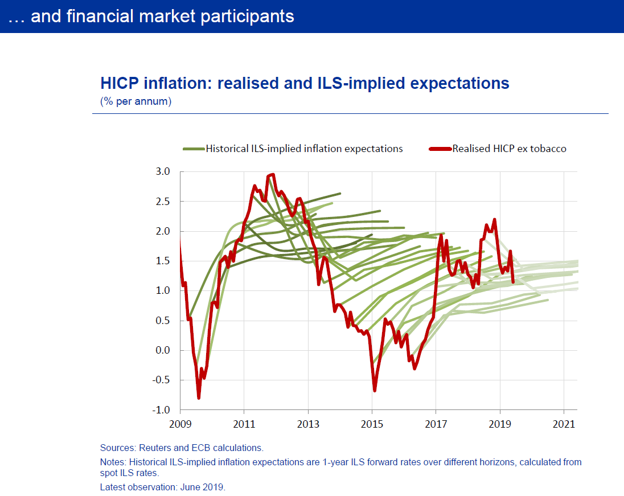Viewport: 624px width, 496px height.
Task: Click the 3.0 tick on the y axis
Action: point(163,172)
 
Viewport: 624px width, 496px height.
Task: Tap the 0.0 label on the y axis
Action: point(163,350)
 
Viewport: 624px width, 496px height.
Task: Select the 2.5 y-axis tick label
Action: point(163,202)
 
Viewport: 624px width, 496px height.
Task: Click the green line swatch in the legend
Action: point(193,149)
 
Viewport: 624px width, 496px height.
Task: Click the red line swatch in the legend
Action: point(440,149)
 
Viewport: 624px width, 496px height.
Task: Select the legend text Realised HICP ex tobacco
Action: point(510,149)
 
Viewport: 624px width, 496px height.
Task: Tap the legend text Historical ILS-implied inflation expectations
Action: point(304,149)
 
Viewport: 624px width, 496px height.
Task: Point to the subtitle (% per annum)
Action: point(136,102)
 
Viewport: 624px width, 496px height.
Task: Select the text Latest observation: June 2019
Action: point(163,487)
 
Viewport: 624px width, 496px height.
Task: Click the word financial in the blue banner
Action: point(101,16)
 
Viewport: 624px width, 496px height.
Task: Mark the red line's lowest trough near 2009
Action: point(199,398)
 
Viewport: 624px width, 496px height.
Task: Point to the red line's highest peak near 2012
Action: point(273,175)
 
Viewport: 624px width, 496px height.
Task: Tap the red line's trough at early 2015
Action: point(375,391)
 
